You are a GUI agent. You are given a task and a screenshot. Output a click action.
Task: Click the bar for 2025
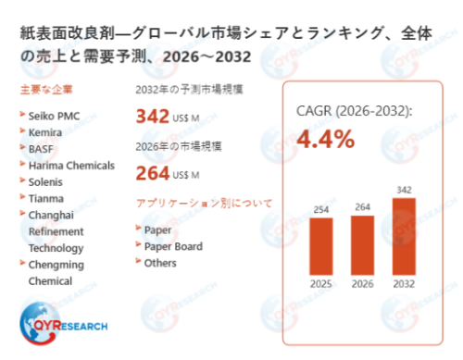coord(321,246)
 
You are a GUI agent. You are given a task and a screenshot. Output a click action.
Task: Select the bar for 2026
coord(362,245)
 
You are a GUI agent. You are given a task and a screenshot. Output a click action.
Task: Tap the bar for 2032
coord(404,236)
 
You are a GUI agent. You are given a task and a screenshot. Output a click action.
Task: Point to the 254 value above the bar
coord(321,210)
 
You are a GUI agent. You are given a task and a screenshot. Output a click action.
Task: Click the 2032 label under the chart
coord(404,284)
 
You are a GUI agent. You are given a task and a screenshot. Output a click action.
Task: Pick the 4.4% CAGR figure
coord(326,139)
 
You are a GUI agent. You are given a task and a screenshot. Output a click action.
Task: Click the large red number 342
coord(153,117)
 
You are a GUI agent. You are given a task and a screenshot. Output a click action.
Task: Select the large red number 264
coord(153,173)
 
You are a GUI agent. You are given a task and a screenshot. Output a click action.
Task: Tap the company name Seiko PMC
coord(54,116)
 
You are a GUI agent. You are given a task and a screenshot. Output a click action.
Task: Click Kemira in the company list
coord(45,132)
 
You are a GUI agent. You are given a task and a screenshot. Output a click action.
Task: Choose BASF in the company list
coord(41,149)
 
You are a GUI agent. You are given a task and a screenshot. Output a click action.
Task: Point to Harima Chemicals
coord(71,166)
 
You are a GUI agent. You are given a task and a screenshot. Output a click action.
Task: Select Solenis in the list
coord(45,182)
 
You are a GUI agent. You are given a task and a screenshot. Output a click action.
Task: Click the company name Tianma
coord(46,199)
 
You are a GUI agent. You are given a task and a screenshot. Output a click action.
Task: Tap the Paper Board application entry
coord(173,246)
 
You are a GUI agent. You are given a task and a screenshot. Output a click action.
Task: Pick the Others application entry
coord(160,263)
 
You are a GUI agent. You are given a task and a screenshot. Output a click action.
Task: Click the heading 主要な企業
coord(46,90)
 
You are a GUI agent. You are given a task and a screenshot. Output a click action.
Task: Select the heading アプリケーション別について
coord(204,204)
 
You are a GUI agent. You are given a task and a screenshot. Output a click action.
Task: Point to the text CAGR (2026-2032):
coord(354,111)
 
